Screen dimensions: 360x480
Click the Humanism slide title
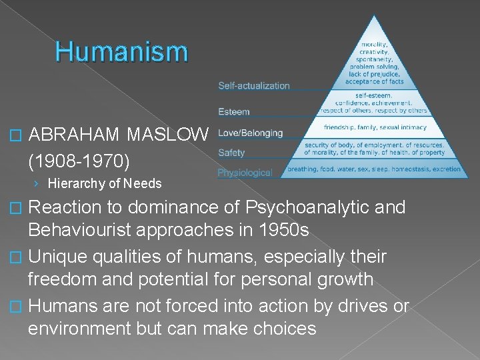[122, 51]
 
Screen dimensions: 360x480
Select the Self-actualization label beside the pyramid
[254, 85]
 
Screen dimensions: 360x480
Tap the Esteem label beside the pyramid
[234, 111]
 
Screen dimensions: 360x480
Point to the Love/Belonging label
[250, 133]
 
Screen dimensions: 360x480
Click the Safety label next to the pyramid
[231, 153]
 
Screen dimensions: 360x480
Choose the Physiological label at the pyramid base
[245, 173]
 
